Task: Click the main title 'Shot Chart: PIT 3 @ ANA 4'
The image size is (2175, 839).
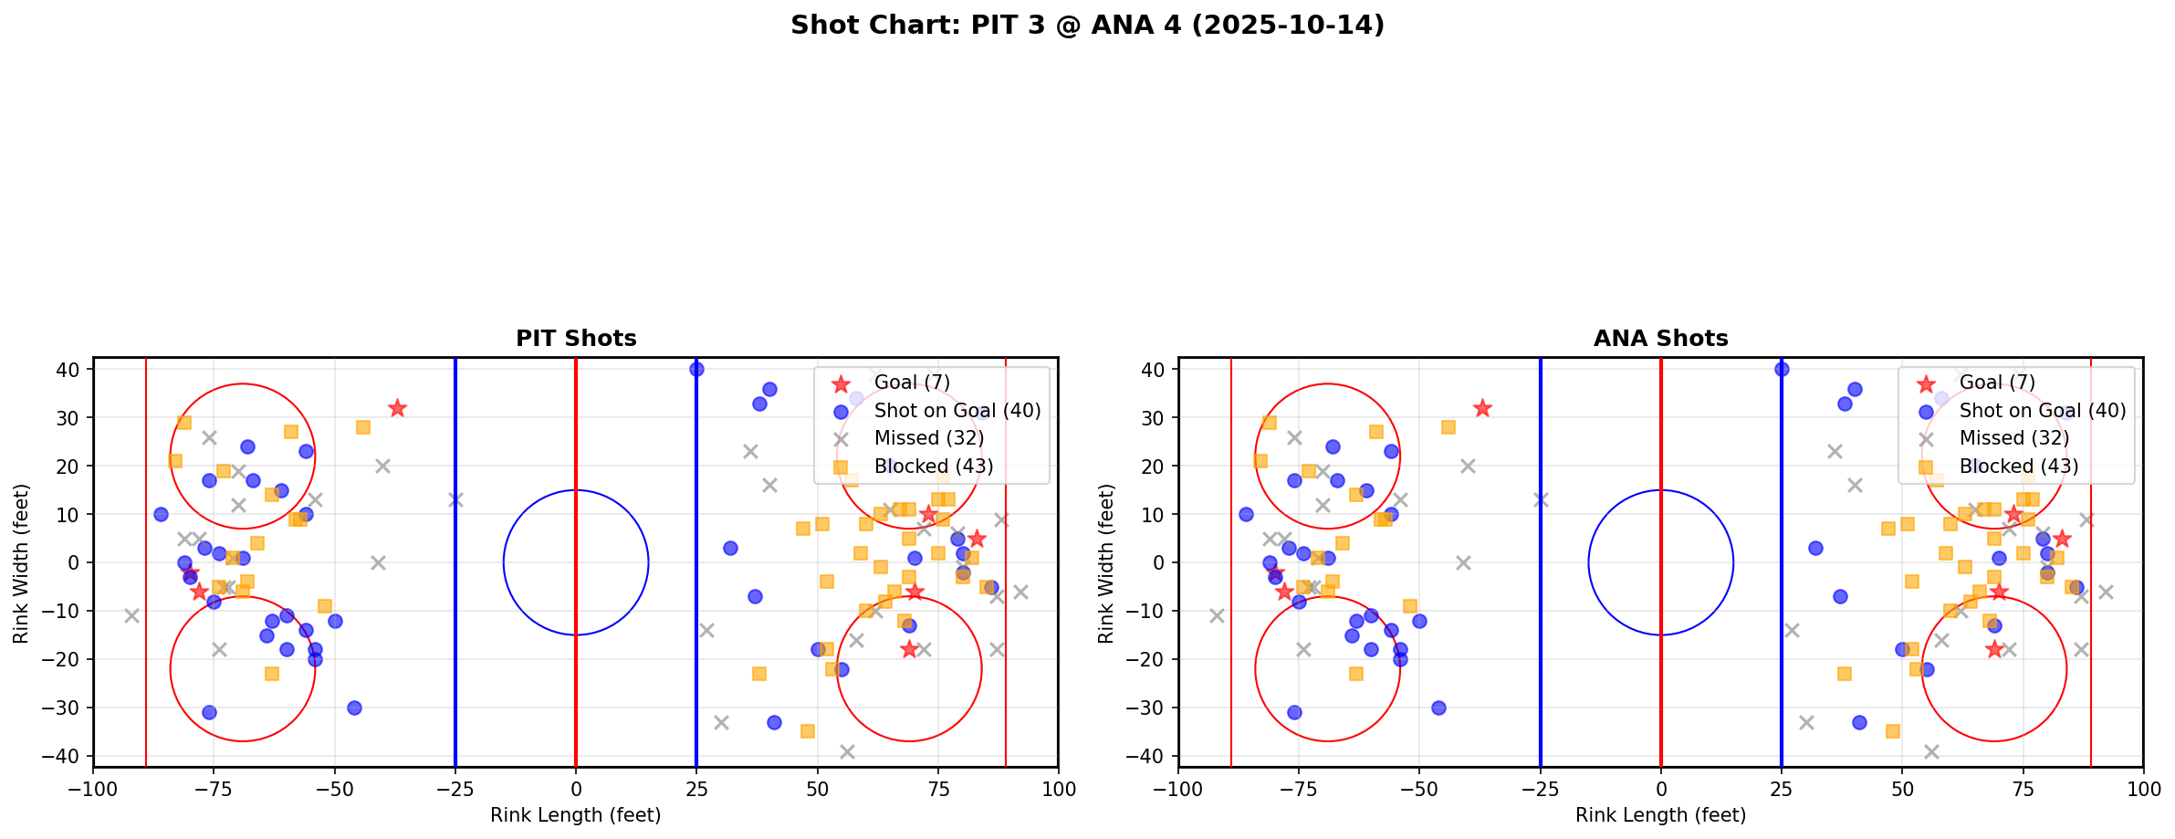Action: (x=1087, y=26)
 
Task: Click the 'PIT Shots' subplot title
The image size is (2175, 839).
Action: (x=576, y=339)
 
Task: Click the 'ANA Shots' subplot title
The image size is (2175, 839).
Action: (x=1660, y=339)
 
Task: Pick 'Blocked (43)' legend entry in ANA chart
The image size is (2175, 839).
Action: (x=2018, y=467)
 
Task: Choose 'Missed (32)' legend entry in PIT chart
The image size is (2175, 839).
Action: (x=928, y=438)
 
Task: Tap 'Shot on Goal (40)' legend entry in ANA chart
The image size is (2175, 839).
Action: (x=2042, y=411)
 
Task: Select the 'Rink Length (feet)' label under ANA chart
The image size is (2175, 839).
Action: (x=1660, y=815)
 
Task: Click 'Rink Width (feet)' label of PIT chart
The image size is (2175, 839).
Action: (x=21, y=563)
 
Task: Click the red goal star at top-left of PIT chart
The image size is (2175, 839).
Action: (x=397, y=408)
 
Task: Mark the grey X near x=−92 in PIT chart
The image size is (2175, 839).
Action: (x=132, y=615)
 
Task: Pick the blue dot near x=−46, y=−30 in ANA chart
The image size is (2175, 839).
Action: (x=1439, y=708)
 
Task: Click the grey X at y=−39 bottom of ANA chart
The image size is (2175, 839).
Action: (x=1931, y=751)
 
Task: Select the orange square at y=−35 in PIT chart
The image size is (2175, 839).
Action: (x=807, y=731)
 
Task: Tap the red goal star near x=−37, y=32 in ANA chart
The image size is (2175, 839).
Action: (x=1482, y=408)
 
